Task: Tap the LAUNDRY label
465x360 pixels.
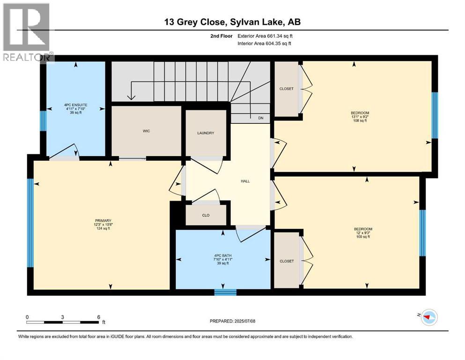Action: [x=205, y=133]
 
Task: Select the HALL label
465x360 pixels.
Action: [x=245, y=181]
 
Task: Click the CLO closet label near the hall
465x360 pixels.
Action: [x=206, y=216]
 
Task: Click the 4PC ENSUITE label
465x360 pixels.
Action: [x=76, y=105]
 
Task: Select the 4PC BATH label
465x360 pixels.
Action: [x=222, y=256]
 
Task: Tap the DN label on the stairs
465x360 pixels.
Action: [x=261, y=118]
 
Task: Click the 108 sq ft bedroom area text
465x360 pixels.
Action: [x=360, y=120]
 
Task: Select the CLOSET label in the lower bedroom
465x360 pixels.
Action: [x=286, y=261]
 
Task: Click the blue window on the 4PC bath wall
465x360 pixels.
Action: [x=225, y=292]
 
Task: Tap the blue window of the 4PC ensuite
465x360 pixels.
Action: [x=43, y=120]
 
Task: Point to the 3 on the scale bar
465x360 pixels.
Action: [x=62, y=317]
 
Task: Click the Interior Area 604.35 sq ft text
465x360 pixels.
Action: [x=265, y=44]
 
